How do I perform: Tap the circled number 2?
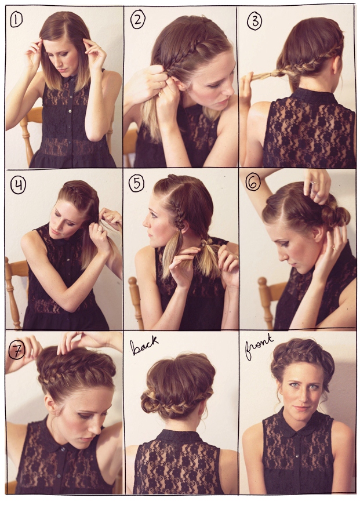(137, 20)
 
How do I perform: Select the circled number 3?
(254, 22)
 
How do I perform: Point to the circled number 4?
(18, 186)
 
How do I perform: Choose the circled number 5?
(137, 184)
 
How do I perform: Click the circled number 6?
(253, 183)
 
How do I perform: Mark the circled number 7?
(16, 351)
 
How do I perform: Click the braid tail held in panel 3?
(259, 75)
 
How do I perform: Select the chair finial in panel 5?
(133, 282)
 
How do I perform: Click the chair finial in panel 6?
(263, 283)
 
